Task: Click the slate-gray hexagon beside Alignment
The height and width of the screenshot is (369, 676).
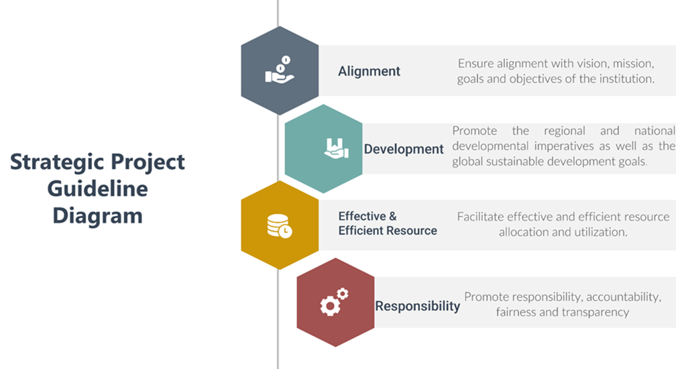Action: tap(280, 70)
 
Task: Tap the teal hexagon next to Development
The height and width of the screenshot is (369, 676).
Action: tap(323, 149)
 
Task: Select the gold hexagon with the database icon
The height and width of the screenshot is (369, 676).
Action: tap(280, 225)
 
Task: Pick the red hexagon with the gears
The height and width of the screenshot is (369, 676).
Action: tap(335, 302)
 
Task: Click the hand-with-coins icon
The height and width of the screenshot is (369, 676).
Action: tap(280, 70)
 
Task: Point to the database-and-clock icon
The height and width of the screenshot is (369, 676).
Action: tap(280, 226)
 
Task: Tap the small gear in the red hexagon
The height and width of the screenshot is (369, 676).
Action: tap(343, 294)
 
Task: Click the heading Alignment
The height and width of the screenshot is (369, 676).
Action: tap(369, 71)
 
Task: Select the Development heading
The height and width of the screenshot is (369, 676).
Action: tap(404, 149)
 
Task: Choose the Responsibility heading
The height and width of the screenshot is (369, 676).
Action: tap(417, 306)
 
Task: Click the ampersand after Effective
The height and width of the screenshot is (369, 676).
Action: tap(393, 216)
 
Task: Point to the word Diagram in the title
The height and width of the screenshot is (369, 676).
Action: tap(97, 215)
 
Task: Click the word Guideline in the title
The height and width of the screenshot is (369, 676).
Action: tap(97, 189)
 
